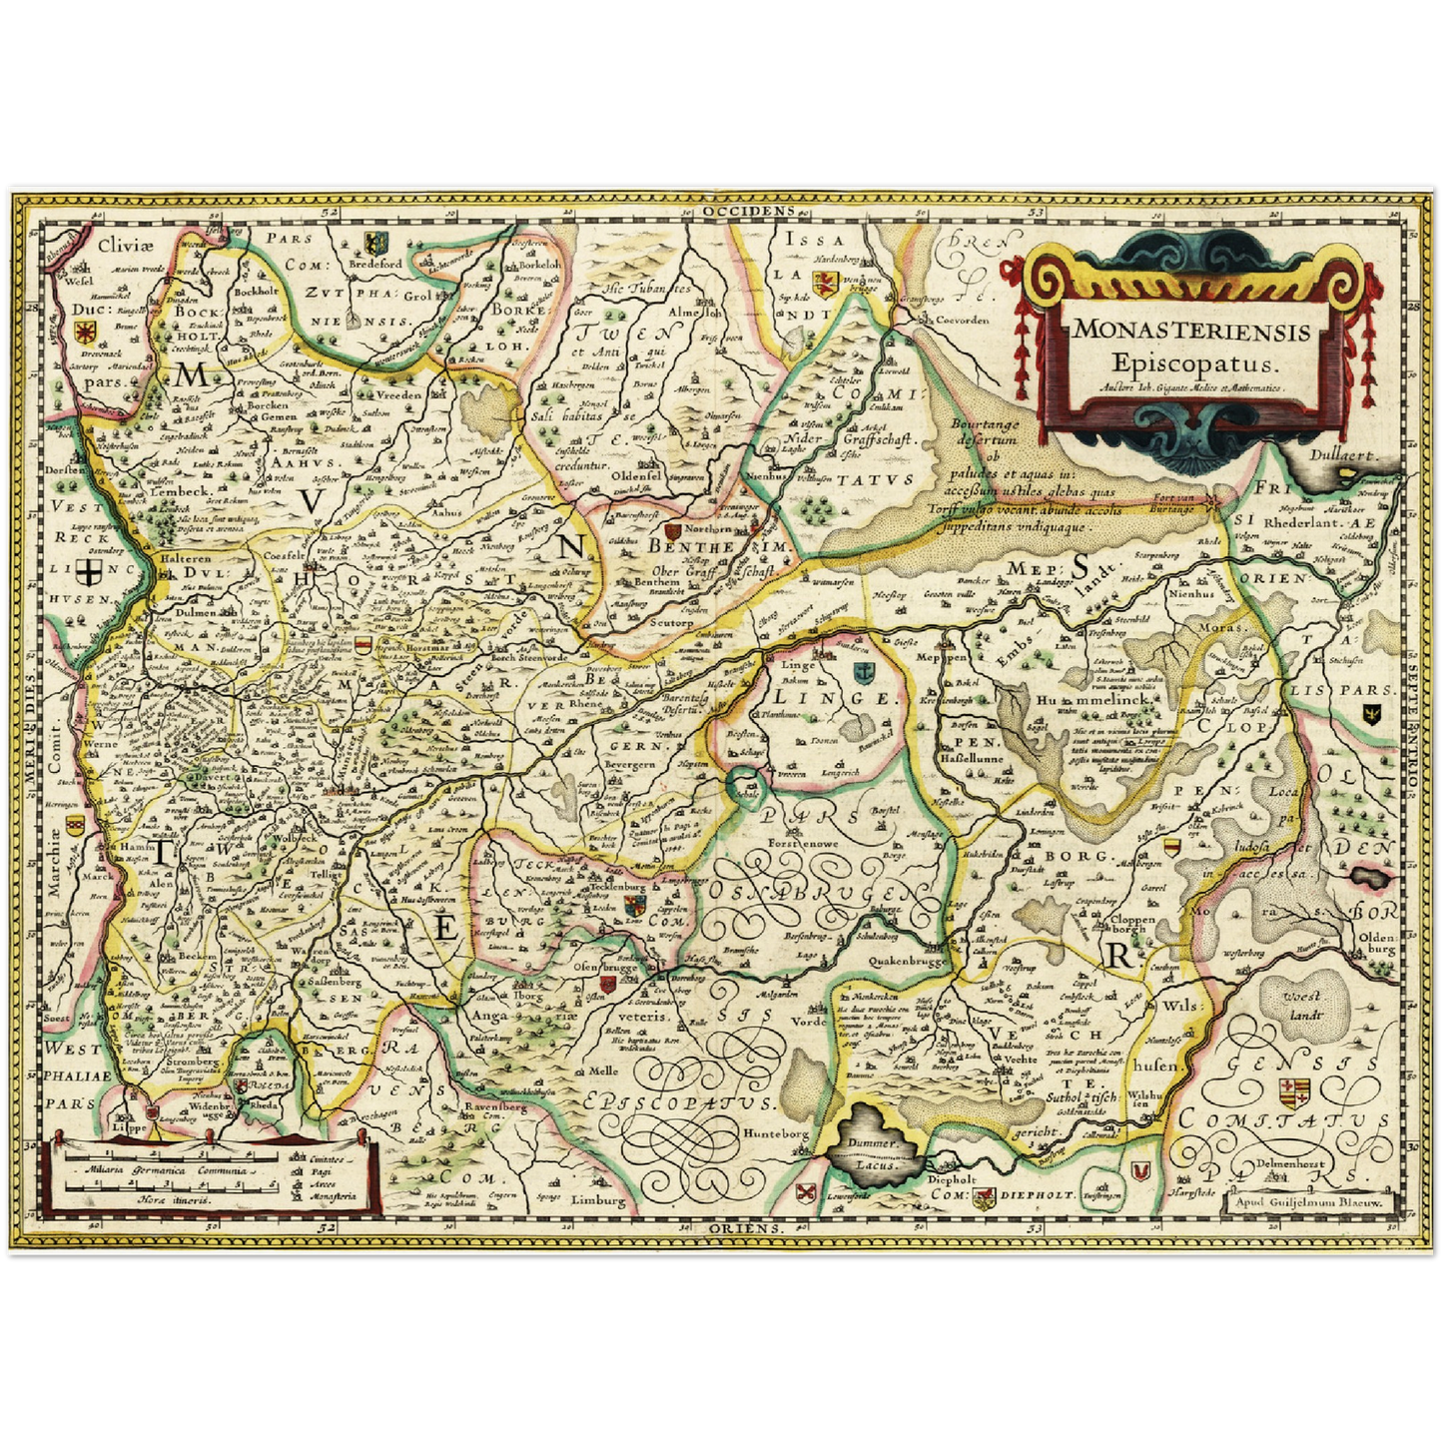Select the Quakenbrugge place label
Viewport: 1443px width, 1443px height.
click(x=907, y=961)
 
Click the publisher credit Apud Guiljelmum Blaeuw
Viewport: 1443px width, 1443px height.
click(x=1310, y=1203)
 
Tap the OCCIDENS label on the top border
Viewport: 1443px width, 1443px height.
click(x=761, y=211)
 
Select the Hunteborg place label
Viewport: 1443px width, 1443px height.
click(x=775, y=1133)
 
